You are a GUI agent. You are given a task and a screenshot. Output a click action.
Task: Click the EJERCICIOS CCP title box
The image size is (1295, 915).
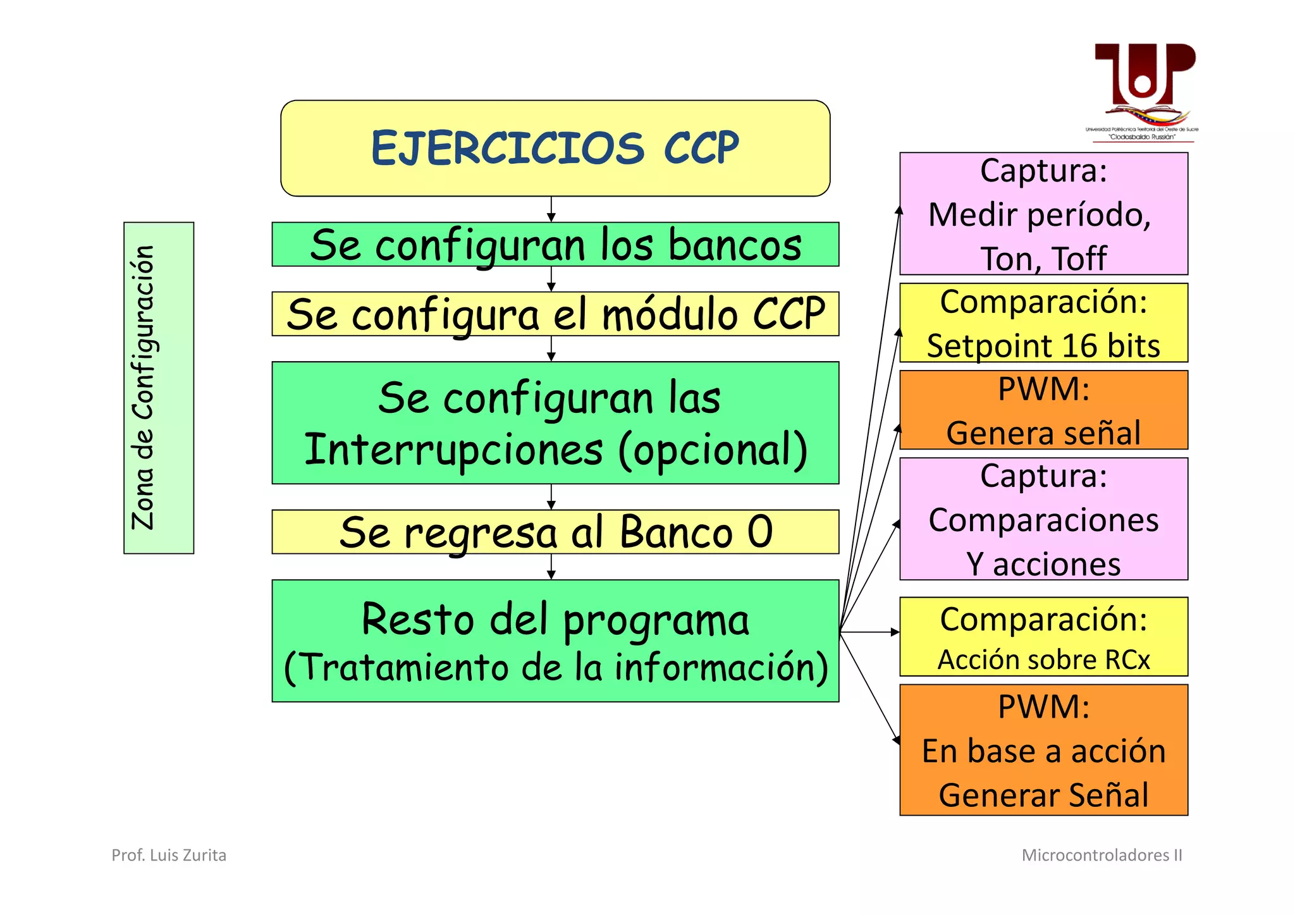pos(555,148)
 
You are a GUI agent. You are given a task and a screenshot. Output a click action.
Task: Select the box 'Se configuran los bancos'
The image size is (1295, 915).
pos(555,245)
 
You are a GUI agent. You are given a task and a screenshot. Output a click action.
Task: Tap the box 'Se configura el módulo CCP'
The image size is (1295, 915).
pos(555,314)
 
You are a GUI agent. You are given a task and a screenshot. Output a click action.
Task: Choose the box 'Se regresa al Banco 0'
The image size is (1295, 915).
pos(555,532)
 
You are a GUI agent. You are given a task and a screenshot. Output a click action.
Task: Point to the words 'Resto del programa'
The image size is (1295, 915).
pos(555,620)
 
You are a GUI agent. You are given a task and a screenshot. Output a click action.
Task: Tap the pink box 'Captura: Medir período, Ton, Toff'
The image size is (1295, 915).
pos(1043,214)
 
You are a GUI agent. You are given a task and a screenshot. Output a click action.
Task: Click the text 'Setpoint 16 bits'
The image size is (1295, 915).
pos(1043,346)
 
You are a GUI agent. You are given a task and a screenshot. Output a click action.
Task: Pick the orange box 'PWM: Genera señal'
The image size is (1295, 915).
pos(1043,410)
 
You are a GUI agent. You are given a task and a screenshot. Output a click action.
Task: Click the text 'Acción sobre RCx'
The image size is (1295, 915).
pos(1043,660)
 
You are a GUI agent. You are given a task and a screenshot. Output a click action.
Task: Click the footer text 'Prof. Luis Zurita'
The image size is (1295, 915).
pos(169,855)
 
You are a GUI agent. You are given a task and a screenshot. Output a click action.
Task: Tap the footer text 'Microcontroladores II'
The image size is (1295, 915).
pos(1102,855)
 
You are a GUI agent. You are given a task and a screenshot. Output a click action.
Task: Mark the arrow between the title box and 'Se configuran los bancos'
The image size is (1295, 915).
pos(551,209)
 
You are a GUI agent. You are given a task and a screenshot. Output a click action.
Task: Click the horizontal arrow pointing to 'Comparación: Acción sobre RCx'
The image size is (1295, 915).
pos(869,632)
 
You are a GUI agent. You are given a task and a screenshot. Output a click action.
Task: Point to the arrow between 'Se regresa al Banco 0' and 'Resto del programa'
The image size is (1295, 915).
pos(551,567)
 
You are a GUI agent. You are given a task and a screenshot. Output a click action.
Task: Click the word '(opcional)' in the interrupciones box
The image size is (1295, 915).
pos(713,450)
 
